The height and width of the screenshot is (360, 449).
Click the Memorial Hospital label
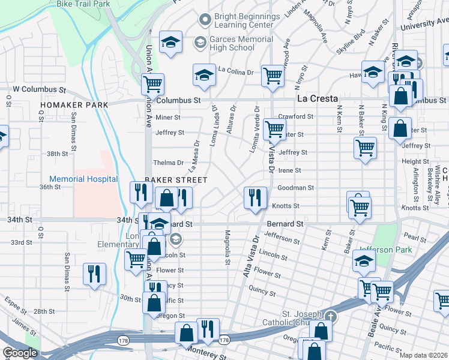click(x=83, y=179)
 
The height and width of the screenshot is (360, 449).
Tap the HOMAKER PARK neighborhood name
click(x=74, y=105)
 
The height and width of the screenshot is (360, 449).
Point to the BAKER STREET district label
click(x=176, y=180)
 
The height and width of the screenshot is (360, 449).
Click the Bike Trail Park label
click(x=83, y=4)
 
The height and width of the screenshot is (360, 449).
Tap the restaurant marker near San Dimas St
click(x=95, y=274)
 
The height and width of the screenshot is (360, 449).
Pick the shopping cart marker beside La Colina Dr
click(x=273, y=76)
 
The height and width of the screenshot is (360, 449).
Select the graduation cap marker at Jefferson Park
click(x=364, y=261)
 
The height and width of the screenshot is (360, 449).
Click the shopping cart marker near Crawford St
click(x=274, y=128)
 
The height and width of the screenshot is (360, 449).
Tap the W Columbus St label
click(x=39, y=89)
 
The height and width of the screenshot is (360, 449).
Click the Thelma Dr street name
click(x=168, y=163)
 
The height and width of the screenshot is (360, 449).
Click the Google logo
click(x=20, y=353)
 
